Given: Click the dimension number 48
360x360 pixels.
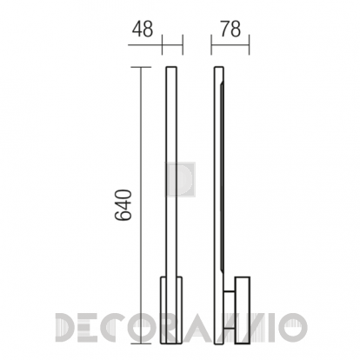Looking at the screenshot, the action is pyautogui.click(x=143, y=30).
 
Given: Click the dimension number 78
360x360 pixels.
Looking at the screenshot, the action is pyautogui.click(x=230, y=30).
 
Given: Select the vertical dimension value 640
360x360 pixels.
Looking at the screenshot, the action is pyautogui.click(x=123, y=205).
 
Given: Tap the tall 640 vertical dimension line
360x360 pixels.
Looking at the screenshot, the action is pyautogui.click(x=141, y=205).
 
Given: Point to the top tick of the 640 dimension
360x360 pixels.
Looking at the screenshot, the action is pyautogui.click(x=141, y=67).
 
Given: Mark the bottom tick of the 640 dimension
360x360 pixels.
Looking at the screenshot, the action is pyautogui.click(x=141, y=343).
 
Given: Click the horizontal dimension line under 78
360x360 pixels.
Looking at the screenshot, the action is pyautogui.click(x=230, y=45).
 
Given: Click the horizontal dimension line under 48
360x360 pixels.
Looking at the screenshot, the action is pyautogui.click(x=156, y=45).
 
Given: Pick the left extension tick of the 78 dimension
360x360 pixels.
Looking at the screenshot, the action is pyautogui.click(x=211, y=45).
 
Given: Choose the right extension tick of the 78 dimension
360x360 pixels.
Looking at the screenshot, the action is pyautogui.click(x=249, y=45).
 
